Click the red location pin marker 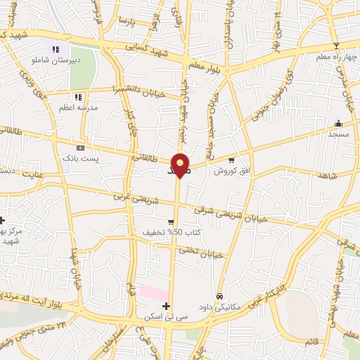pos(181,165)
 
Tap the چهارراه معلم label pos(337,58)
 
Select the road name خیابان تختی pos(200,252)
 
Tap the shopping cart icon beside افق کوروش pos(231,160)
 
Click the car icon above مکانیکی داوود pos(221,296)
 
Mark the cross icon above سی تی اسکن pos(166,306)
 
